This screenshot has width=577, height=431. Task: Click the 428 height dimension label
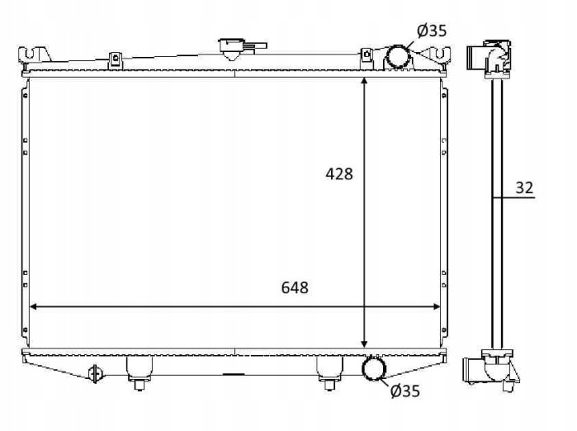click(x=339, y=174)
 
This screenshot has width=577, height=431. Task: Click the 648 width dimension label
click(x=295, y=288)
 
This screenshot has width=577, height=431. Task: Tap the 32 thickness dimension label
click(x=524, y=187)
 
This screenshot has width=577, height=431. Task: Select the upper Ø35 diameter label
click(x=432, y=30)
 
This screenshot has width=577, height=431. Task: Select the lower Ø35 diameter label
click(x=405, y=391)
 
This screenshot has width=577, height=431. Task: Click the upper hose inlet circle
click(x=397, y=57)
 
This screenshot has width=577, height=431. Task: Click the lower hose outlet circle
click(x=374, y=369)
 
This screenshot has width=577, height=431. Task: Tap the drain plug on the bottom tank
click(x=95, y=373)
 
